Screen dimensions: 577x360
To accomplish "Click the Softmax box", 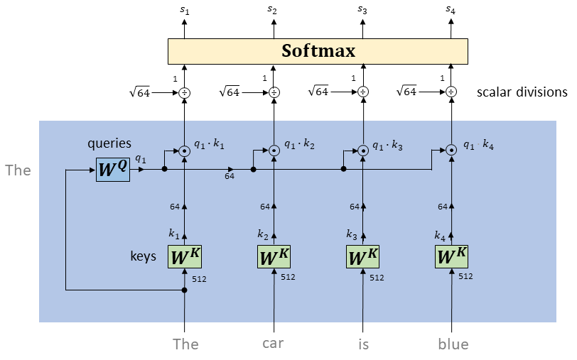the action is coord(318,52).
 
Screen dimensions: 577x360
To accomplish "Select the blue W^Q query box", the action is coord(113,170).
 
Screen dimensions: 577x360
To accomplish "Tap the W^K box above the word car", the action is coord(274,256).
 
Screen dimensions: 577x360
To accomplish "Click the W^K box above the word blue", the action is coord(451,256).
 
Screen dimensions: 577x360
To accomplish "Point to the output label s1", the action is coord(184,10).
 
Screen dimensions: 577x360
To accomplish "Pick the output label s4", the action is coord(451,10).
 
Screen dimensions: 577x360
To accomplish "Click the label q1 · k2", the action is coord(300,145).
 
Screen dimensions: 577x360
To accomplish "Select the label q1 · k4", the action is coord(478,145).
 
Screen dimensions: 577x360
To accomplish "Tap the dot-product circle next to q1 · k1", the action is coord(184,151).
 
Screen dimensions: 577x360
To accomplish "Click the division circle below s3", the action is coord(363,92).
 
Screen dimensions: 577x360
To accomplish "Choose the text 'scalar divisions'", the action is coord(522,92).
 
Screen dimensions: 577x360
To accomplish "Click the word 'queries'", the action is coord(109,143).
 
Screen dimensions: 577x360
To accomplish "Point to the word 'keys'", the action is coord(143,256).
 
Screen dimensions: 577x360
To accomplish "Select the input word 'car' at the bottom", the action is coord(273,344).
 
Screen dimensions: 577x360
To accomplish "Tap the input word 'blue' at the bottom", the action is coord(453,344).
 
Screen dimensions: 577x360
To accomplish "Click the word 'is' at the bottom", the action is coord(363,344).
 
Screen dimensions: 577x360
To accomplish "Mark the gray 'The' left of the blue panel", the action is coord(18,170).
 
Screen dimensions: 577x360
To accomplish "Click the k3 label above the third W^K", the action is coord(352,234).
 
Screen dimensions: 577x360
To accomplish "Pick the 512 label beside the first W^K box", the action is coord(199,279).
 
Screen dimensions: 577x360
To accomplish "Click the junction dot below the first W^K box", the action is coord(184,290).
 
